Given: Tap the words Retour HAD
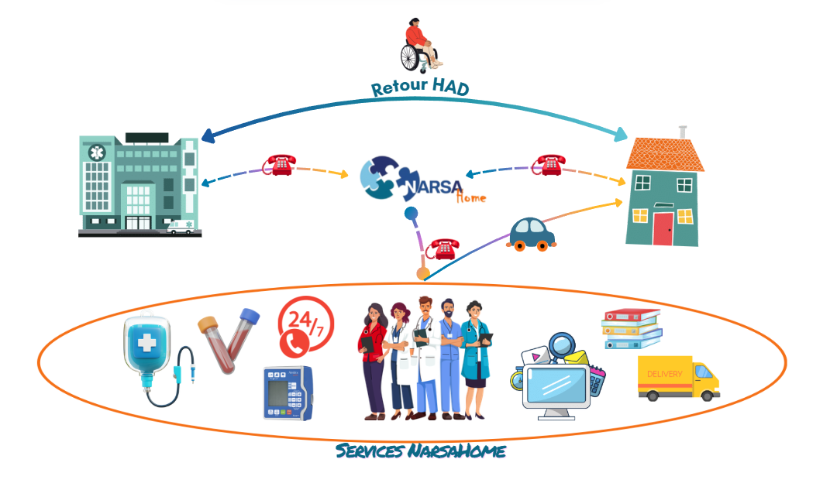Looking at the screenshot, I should pyautogui.click(x=419, y=88).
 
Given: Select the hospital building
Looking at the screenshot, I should pyautogui.click(x=139, y=183).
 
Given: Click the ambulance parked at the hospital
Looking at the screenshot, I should pyautogui.click(x=183, y=227).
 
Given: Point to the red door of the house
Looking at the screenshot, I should pyautogui.click(x=663, y=228).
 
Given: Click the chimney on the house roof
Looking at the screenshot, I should pyautogui.click(x=683, y=132).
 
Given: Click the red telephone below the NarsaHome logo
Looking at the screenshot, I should pyautogui.click(x=443, y=249).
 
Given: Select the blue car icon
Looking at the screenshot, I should pyautogui.click(x=532, y=234).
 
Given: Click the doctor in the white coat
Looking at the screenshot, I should pyautogui.click(x=425, y=356).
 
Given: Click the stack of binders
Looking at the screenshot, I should pyautogui.click(x=632, y=329).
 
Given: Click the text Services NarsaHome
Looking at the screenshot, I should pyautogui.click(x=421, y=451).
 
